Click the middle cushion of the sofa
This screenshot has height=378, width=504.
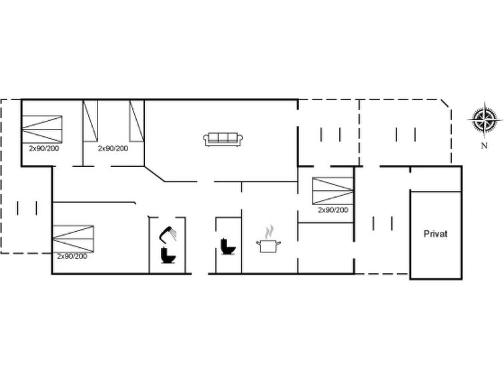click(223, 138)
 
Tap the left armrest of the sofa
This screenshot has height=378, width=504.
click(206, 140)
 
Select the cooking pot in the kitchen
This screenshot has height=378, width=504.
click(268, 246)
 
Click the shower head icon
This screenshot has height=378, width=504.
click(168, 234)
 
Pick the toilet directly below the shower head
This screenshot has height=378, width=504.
click(168, 255)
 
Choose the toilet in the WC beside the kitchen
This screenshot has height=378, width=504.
click(228, 246)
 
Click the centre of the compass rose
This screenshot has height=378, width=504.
click(485, 118)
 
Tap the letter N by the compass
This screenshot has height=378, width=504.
click(484, 146)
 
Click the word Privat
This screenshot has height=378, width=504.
click(435, 234)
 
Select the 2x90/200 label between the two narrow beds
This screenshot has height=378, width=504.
click(113, 148)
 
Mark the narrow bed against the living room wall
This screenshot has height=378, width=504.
click(136, 121)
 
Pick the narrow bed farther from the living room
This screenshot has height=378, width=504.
click(90, 121)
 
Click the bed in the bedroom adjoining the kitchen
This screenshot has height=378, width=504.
click(333, 191)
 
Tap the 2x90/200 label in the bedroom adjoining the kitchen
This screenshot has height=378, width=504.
click(333, 210)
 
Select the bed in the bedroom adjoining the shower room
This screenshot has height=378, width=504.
click(73, 238)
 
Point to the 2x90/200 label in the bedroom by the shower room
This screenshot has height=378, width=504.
click(72, 256)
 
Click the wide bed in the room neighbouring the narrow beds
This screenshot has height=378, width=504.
click(42, 130)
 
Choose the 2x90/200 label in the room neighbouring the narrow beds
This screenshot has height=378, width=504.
click(44, 148)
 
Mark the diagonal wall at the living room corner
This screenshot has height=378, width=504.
click(155, 174)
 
